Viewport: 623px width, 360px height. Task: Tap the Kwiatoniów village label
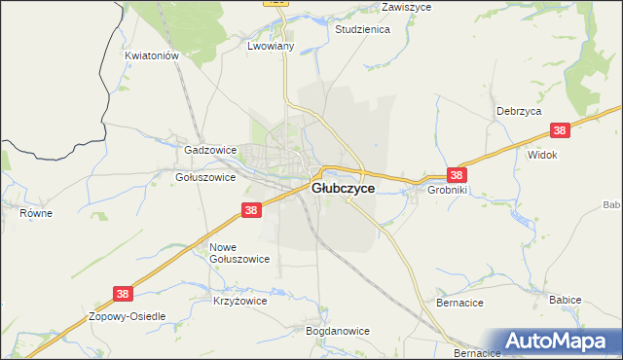click(x=153, y=56)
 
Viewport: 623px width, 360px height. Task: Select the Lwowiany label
click(x=271, y=47)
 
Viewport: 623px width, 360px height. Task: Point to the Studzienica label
click(x=362, y=29)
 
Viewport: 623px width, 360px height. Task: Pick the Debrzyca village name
click(x=518, y=112)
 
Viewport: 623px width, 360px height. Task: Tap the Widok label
click(x=541, y=155)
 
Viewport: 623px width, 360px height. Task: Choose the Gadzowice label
click(x=210, y=151)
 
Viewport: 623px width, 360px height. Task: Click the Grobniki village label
click(x=448, y=191)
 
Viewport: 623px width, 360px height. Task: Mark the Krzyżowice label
click(x=239, y=302)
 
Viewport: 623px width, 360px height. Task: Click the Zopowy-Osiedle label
click(x=128, y=317)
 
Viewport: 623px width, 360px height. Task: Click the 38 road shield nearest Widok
click(x=560, y=130)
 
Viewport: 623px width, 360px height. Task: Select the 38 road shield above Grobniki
click(x=457, y=175)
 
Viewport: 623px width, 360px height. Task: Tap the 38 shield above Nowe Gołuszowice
click(x=251, y=210)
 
